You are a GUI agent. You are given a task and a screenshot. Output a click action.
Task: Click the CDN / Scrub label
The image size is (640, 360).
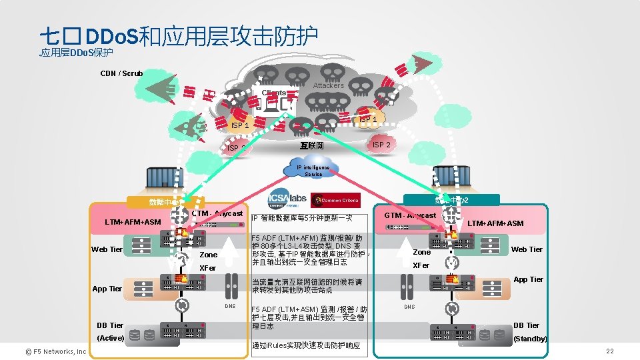click(121, 73)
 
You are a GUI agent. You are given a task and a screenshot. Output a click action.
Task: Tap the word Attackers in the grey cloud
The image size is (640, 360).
click(328, 85)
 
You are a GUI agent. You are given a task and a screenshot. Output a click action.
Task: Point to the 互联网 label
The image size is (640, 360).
click(311, 145)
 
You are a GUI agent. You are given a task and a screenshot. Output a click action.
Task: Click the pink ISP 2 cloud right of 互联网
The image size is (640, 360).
click(381, 145)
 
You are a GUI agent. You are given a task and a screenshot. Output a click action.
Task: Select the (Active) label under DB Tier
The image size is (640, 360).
click(110, 338)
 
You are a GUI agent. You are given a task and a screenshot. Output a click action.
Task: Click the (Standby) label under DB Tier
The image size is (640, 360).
click(530, 339)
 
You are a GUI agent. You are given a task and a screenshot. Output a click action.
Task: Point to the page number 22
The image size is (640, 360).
click(609, 351)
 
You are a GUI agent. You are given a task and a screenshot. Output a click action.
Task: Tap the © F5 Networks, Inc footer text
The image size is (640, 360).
click(52, 351)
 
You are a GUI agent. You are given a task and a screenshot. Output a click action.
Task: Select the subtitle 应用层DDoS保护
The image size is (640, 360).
click(76, 53)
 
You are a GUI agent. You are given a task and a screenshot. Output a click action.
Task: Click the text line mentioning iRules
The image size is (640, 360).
click(307, 345)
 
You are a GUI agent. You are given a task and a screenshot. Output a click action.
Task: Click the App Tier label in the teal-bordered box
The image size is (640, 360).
click(528, 279)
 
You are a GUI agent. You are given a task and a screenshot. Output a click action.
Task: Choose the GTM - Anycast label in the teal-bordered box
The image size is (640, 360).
click(410, 215)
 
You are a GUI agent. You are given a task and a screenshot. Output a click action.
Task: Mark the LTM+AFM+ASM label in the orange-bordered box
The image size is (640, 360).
click(133, 221)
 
